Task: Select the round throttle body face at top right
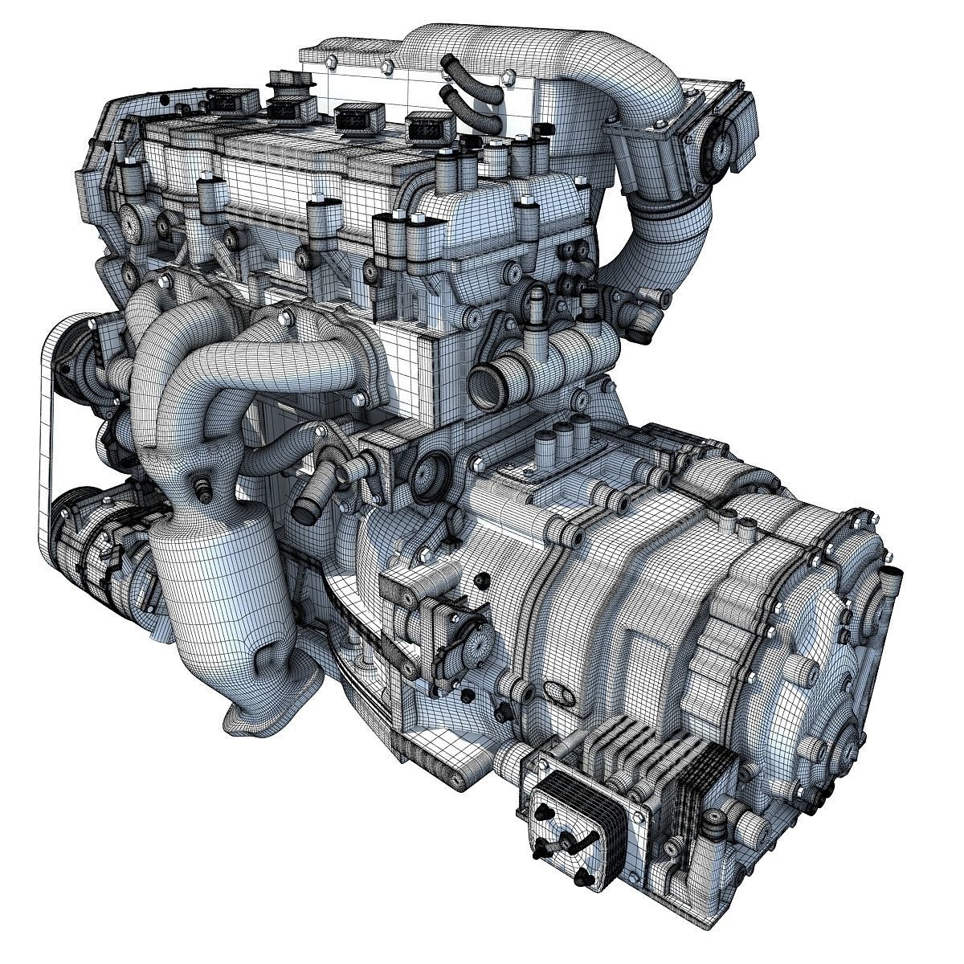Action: (x=717, y=147)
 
